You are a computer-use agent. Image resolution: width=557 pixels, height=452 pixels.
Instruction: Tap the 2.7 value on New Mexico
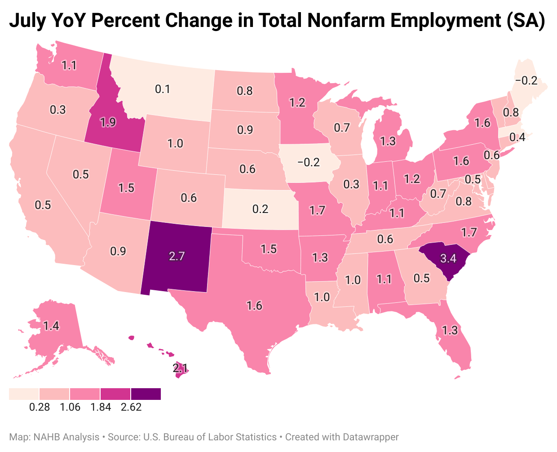pyautogui.click(x=177, y=256)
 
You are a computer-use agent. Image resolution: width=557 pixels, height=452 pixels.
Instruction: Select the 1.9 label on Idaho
pyautogui.click(x=108, y=122)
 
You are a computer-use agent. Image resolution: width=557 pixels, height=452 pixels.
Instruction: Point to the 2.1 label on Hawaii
pyautogui.click(x=181, y=369)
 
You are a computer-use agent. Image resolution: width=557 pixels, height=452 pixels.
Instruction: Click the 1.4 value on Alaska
pyautogui.click(x=51, y=325)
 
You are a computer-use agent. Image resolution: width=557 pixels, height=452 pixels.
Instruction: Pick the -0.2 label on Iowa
pyautogui.click(x=309, y=162)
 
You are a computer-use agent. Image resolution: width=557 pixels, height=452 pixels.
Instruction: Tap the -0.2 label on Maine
pyautogui.click(x=526, y=80)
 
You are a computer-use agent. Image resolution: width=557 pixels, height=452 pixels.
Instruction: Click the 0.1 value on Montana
pyautogui.click(x=163, y=89)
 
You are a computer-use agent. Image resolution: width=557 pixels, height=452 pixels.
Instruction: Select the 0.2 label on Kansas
pyautogui.click(x=261, y=208)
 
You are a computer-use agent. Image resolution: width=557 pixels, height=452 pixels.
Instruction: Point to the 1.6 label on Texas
pyautogui.click(x=254, y=306)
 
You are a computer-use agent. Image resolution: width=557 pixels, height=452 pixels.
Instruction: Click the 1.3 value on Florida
pyautogui.click(x=450, y=331)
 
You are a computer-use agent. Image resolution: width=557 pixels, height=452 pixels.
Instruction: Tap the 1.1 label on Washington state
pyautogui.click(x=69, y=65)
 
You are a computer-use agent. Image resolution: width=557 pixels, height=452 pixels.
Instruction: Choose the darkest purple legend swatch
pyautogui.click(x=146, y=394)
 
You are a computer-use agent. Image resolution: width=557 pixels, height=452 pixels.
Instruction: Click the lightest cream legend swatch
pyautogui.click(x=24, y=394)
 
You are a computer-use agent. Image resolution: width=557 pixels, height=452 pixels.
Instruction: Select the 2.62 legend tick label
pyautogui.click(x=131, y=407)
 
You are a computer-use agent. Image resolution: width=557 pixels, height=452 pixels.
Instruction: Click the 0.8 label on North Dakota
pyautogui.click(x=245, y=91)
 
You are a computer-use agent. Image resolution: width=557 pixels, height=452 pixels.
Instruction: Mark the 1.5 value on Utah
pyautogui.click(x=127, y=187)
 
